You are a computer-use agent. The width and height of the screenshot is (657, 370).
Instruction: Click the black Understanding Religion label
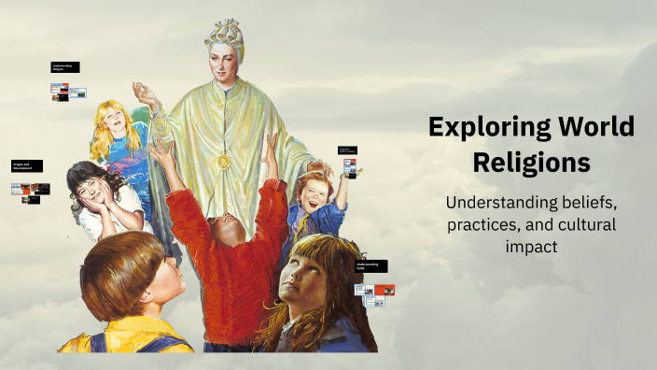pos(65,67)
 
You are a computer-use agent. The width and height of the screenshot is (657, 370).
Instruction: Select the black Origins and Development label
pos(25,165)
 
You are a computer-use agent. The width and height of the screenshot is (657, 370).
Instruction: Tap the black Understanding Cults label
pos(370,266)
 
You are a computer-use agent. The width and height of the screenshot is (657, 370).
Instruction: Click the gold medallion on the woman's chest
pos(222,162)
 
